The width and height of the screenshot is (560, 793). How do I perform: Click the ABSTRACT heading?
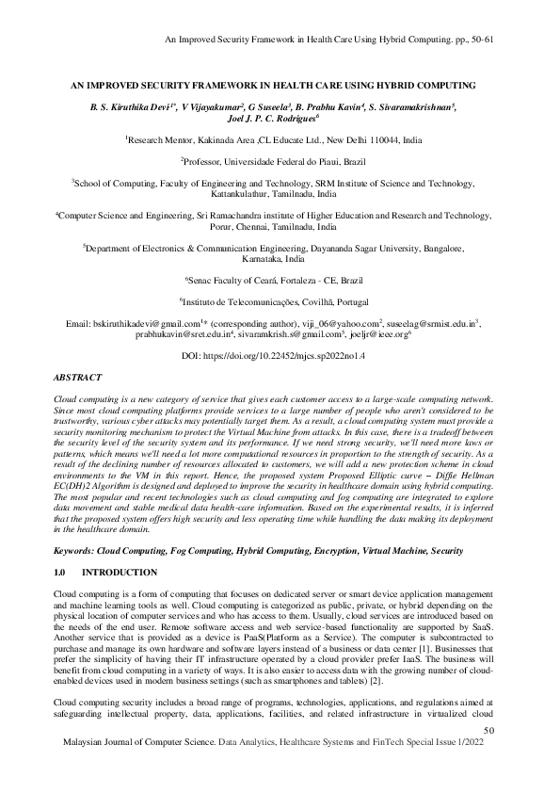78,377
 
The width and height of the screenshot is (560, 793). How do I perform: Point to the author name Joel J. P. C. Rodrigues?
280,120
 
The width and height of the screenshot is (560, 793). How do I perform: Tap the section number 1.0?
61,573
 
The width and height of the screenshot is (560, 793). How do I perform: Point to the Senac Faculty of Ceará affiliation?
280,280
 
